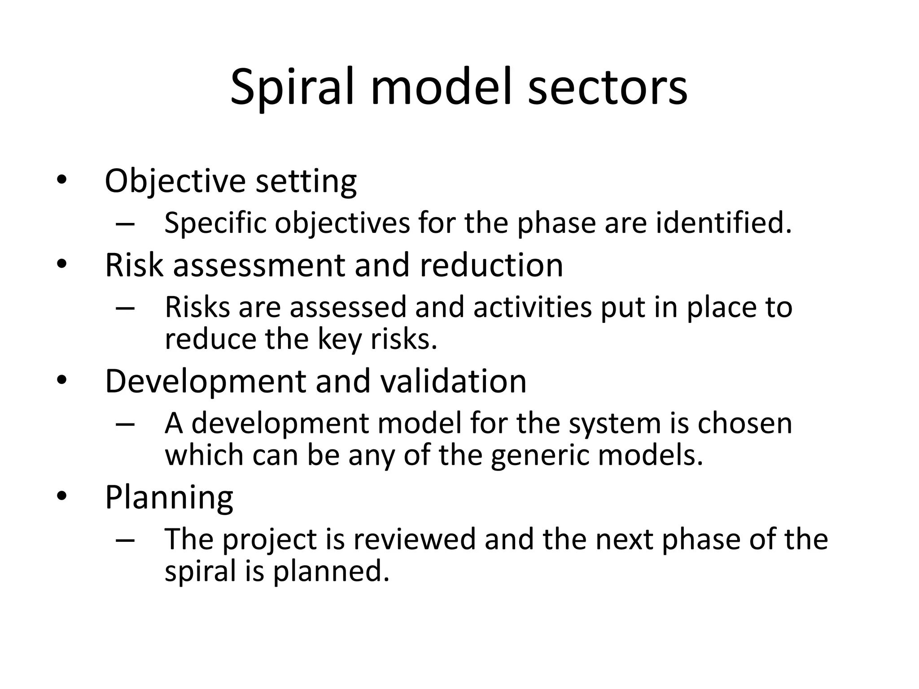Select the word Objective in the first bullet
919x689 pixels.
click(x=175, y=181)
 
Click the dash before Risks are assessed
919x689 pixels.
click(x=125, y=308)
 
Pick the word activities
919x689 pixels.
click(x=532, y=308)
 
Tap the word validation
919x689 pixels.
click(x=453, y=381)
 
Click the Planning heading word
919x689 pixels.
click(x=169, y=497)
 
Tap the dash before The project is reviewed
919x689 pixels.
click(x=125, y=540)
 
